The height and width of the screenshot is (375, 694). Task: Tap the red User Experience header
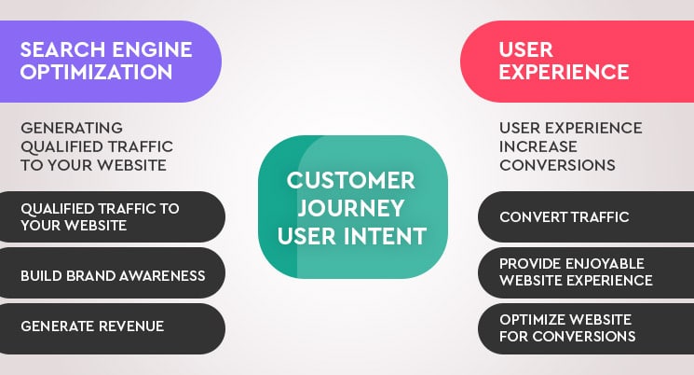578,61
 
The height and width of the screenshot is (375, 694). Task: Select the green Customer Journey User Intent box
352,207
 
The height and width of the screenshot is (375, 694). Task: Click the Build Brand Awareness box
113,275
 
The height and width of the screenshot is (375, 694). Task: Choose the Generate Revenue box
113,326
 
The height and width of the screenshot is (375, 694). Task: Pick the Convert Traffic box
586,217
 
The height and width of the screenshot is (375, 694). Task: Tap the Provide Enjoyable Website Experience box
586,271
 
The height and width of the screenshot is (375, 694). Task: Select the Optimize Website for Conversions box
586,326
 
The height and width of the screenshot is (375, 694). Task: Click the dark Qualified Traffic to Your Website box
113,217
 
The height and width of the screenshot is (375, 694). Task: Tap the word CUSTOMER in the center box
351,180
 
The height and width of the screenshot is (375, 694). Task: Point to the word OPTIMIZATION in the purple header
96,72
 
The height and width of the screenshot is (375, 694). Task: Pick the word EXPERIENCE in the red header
564,72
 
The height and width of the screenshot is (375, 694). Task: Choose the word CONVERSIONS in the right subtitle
557,165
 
